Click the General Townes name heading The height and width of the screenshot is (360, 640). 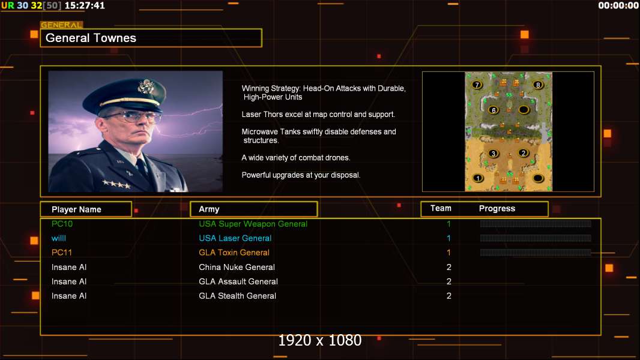(x=91, y=38)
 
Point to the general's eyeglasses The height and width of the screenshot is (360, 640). (x=133, y=117)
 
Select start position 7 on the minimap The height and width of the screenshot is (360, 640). (x=477, y=85)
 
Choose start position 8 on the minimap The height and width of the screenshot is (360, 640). (x=538, y=85)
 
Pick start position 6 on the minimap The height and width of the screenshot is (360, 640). (x=494, y=110)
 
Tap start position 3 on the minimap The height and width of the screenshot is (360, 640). (x=494, y=154)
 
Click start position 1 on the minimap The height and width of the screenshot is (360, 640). (x=477, y=178)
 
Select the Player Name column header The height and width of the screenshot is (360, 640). (x=76, y=209)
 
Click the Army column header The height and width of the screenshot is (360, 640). (x=209, y=209)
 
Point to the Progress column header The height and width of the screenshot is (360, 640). (x=497, y=209)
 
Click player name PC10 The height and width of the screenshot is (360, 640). (x=62, y=224)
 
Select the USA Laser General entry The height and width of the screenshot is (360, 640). (x=235, y=238)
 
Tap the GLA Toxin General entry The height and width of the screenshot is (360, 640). (x=234, y=253)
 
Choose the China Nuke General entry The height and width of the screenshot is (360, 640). (x=237, y=268)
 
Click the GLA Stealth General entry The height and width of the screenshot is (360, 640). (x=238, y=296)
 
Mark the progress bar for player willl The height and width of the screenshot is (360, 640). (x=536, y=238)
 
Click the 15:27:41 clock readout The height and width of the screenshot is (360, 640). (x=85, y=6)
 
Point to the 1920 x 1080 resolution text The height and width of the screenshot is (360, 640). (x=320, y=340)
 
